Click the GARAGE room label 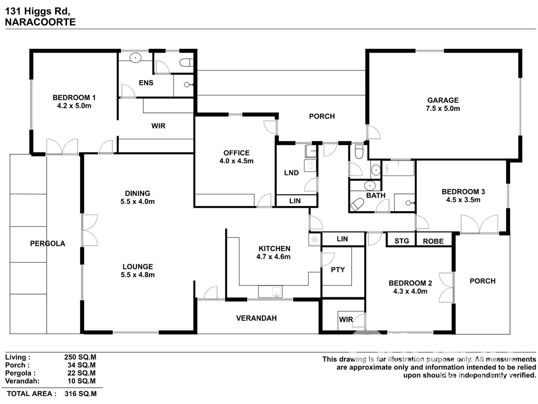coord(443,100)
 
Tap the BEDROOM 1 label coord(74,97)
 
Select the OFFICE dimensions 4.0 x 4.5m coord(236,161)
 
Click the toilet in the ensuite coord(186,63)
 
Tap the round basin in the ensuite coord(135,57)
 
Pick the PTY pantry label coord(338,270)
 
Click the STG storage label coord(401,241)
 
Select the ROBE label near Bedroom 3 coord(433,241)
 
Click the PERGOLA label coord(47,244)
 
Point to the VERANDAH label coord(256,318)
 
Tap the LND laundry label coord(291,173)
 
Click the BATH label coord(376,195)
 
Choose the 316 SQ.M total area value coord(81,394)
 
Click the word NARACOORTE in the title coord(40,22)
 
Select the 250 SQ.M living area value coord(80,357)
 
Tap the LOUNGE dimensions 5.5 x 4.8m coord(138,275)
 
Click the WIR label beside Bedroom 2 coord(346,319)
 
